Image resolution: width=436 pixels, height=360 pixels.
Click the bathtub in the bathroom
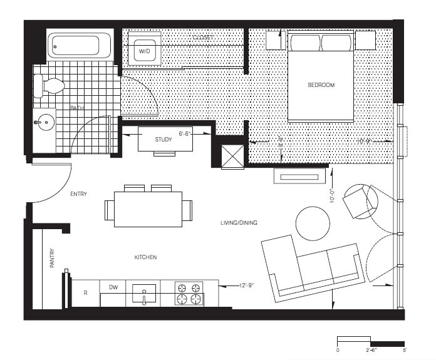80,46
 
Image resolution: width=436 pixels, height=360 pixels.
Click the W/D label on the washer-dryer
144,50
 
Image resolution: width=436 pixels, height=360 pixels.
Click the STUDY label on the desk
163,140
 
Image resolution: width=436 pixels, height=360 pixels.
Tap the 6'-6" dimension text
186,133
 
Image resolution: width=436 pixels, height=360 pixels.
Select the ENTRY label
78,194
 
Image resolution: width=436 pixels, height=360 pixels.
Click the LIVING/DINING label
239,223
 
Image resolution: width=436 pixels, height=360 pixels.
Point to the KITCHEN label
145,257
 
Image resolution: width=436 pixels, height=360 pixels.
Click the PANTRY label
52,259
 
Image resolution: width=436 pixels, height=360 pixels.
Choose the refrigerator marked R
85,293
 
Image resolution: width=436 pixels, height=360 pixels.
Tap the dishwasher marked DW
113,289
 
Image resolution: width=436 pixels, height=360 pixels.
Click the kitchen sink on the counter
143,292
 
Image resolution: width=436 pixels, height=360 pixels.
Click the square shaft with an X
232,156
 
